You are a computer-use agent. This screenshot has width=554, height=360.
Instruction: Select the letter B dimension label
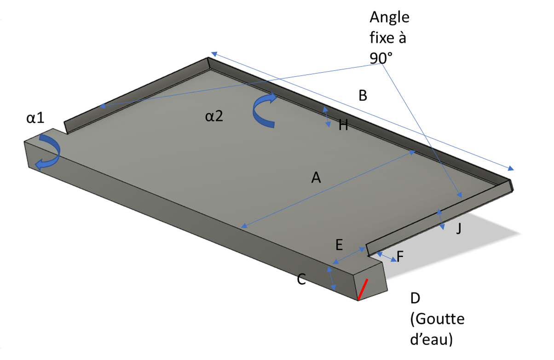[x=363, y=96]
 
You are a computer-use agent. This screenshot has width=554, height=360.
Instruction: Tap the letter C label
[x=301, y=279]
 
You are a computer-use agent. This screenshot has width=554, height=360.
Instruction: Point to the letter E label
[x=339, y=245]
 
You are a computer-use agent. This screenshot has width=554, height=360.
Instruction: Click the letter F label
[x=401, y=257]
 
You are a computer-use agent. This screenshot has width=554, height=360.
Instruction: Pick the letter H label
[x=343, y=125]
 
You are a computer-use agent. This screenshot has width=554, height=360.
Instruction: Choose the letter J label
[x=458, y=228]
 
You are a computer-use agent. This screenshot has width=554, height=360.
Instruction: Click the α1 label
[x=35, y=118]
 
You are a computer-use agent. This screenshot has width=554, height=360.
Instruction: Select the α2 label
[x=214, y=116]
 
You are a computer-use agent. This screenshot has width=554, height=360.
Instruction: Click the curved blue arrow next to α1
[x=49, y=152]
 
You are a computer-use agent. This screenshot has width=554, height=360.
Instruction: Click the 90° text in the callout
[x=381, y=57]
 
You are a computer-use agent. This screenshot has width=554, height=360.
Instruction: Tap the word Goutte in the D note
[x=437, y=319]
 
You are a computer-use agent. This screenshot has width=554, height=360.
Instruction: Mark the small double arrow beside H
[x=326, y=116]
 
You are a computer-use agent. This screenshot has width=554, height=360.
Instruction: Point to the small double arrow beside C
[x=331, y=277]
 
